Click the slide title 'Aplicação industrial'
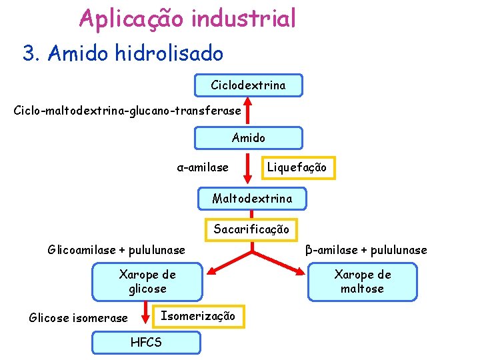[187, 18]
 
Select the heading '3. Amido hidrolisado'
[123, 53]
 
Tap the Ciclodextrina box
[248, 85]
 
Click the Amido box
[248, 138]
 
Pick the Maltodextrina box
[252, 198]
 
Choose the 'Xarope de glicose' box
[147, 281]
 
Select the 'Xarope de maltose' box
[362, 281]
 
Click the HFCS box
[146, 342]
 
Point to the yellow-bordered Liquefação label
[297, 167]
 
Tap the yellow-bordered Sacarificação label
[251, 229]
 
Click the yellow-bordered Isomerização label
[198, 316]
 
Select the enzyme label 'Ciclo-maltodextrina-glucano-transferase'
[127, 107]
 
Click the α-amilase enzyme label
[202, 167]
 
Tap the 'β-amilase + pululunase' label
[366, 250]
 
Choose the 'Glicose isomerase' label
[78, 317]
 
